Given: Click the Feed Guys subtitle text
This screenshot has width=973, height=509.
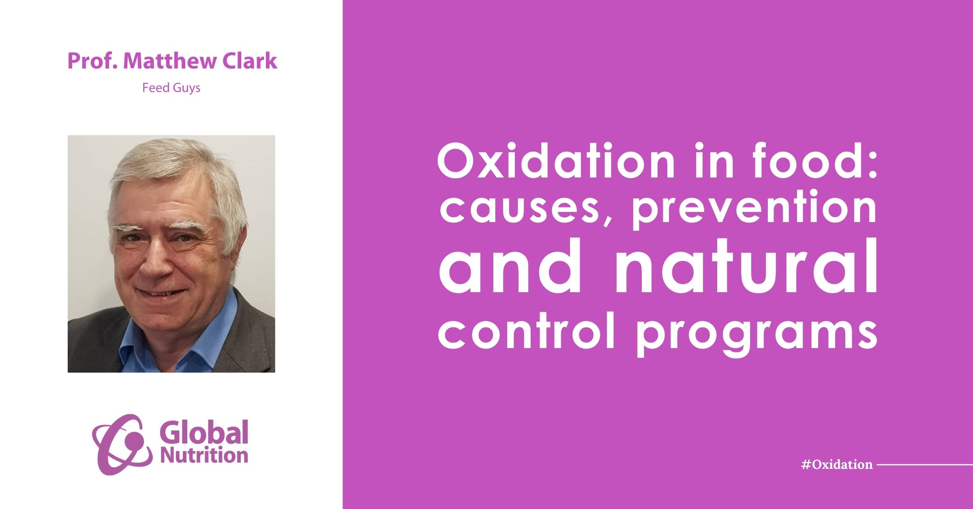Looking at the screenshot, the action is tap(171, 88).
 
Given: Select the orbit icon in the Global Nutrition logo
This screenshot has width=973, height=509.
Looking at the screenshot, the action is tap(122, 445).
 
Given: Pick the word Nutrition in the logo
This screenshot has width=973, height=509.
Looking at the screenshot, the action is tap(204, 455).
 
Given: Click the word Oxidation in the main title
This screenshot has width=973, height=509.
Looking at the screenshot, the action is tap(556, 161).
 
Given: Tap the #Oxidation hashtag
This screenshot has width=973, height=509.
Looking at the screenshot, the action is tap(837, 464).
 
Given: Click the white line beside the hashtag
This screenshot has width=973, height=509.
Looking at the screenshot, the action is tap(925, 464).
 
